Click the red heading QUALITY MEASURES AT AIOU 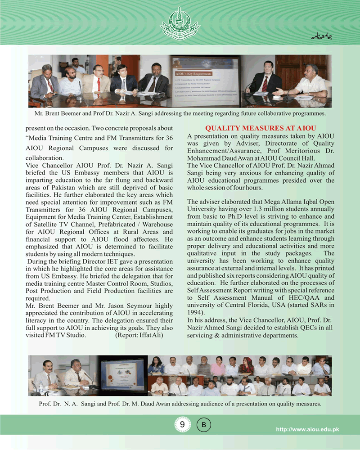point(261,128)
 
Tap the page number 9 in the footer point(182,425)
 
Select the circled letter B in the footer point(203,425)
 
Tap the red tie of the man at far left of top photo point(50,85)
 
